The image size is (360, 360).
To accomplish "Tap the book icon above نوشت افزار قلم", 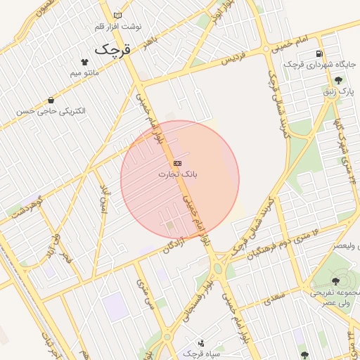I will [x=117, y=15].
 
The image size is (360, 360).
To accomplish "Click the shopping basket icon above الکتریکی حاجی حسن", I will [x=51, y=101].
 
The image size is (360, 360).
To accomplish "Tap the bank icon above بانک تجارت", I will [x=176, y=163].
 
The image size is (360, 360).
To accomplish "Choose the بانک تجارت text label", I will [x=176, y=173].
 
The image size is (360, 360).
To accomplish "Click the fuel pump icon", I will [x=320, y=53].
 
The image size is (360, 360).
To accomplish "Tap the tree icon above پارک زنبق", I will [x=339, y=81].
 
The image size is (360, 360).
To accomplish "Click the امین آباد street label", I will [x=105, y=201].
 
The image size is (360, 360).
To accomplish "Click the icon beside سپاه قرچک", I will [x=202, y=344].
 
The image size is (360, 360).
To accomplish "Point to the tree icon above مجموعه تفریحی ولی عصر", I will [x=334, y=282].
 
